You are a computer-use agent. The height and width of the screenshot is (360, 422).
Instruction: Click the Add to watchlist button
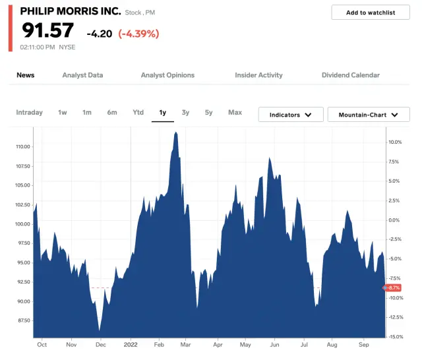[x=370, y=13]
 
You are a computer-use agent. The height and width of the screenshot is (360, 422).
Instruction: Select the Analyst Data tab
[x=82, y=75]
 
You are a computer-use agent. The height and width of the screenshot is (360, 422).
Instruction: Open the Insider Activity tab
[x=258, y=75]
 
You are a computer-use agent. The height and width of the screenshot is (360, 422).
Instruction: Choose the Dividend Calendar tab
[x=350, y=75]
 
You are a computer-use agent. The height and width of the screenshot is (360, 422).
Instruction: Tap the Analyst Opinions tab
[x=167, y=75]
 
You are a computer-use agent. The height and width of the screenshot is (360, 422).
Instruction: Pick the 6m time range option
[x=112, y=113]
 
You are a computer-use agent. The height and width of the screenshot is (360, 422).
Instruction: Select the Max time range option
[x=235, y=113]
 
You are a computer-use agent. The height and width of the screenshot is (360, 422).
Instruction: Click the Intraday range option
[x=29, y=113]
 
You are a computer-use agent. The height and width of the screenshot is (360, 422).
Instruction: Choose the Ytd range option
[x=138, y=113]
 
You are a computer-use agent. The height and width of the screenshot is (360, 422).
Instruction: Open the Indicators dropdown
[x=290, y=115]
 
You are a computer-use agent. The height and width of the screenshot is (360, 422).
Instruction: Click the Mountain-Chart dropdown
[x=369, y=115]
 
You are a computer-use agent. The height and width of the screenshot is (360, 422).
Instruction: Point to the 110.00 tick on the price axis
[x=22, y=146]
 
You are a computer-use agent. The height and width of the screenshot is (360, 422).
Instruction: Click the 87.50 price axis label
[x=23, y=321]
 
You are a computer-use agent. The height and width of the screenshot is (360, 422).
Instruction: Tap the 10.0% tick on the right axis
[x=395, y=142]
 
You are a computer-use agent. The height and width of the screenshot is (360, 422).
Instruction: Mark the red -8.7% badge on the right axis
[x=394, y=288]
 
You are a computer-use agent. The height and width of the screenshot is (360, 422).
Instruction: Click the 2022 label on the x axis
[x=130, y=344]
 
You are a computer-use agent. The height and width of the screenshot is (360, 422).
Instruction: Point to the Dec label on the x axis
[x=100, y=344]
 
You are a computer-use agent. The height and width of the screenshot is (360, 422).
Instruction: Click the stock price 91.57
[x=47, y=30]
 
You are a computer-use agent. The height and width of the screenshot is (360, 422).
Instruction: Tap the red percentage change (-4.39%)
[x=138, y=34]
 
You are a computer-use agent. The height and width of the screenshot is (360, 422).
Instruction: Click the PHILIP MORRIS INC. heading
[x=71, y=11]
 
